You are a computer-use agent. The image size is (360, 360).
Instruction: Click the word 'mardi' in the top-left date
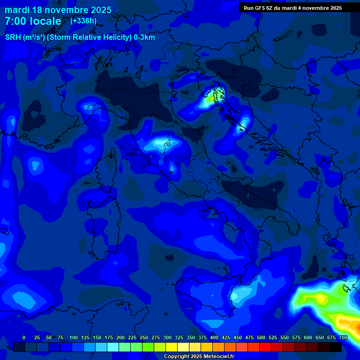17,10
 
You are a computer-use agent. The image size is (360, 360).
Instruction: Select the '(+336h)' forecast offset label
83,21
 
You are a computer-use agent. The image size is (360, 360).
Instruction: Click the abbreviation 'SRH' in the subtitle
14,37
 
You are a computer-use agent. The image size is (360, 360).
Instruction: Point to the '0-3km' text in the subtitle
144,37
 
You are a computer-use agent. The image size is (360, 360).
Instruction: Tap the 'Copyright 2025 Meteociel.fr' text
199,357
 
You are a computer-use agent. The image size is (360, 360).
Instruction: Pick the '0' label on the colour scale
24,337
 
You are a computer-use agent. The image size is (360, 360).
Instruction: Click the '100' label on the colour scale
74,337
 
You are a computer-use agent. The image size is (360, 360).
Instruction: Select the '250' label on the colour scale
144,337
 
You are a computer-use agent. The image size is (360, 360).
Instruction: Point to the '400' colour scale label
214,337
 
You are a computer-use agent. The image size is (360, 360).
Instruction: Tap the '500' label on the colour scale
261,337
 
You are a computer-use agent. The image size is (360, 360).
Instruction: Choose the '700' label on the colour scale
343,337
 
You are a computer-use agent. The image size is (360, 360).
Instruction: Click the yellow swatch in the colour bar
172,347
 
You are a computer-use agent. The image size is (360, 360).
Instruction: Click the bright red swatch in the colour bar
265,347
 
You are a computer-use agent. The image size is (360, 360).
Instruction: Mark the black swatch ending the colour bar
336,347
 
